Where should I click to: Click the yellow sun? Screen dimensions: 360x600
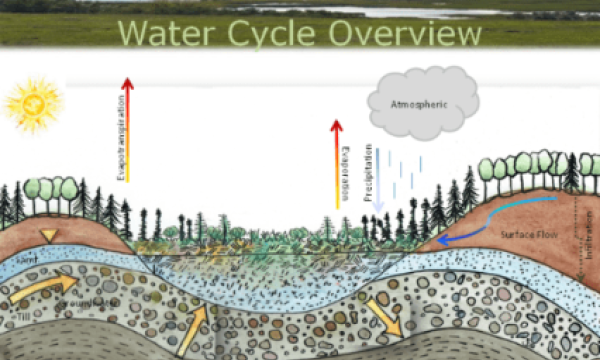[32, 102]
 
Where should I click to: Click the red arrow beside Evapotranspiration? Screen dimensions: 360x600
[128, 130]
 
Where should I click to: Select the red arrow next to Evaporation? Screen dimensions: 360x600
[336, 165]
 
